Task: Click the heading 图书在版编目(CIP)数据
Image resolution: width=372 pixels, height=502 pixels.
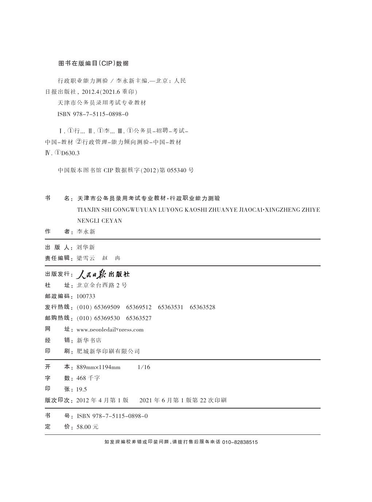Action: (94, 63)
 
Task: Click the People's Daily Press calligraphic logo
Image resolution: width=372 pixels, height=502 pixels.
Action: (103, 274)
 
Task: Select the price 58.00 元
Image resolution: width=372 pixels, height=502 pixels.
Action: (88, 427)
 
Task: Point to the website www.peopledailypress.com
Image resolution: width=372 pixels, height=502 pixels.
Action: (110, 329)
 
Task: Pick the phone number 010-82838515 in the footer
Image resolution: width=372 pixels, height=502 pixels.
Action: (240, 442)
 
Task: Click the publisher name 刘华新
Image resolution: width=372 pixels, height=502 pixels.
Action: (86, 247)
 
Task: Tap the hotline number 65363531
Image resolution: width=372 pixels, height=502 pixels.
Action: (170, 307)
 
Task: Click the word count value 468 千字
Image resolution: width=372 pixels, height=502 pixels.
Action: (88, 378)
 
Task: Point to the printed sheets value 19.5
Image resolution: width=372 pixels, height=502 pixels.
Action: (82, 389)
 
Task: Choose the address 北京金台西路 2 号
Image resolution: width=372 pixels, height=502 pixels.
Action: (102, 285)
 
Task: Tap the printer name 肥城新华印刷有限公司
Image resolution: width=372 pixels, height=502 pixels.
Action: (108, 351)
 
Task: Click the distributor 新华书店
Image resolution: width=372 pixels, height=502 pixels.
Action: (89, 340)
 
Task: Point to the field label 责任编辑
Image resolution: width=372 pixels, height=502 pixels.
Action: (57, 258)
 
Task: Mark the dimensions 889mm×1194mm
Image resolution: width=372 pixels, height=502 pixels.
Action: (98, 367)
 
